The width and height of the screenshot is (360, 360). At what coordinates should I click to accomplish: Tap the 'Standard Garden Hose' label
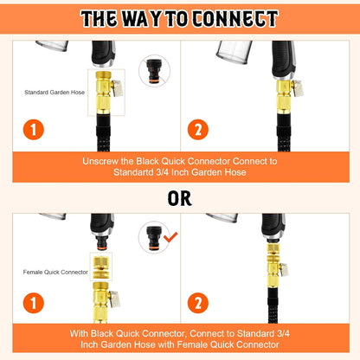click(55, 93)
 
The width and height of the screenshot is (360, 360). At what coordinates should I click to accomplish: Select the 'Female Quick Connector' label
click(55, 272)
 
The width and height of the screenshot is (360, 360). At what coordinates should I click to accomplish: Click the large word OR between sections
click(180, 198)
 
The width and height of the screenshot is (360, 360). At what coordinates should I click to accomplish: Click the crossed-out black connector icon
click(154, 71)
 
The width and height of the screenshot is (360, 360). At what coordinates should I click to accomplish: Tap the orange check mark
click(170, 237)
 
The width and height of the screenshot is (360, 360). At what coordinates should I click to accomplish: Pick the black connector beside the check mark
click(154, 237)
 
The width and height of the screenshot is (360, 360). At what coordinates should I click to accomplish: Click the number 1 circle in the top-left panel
click(34, 130)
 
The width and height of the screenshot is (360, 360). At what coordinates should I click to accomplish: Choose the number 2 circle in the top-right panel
click(198, 130)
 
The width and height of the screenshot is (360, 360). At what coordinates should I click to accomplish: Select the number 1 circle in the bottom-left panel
click(34, 303)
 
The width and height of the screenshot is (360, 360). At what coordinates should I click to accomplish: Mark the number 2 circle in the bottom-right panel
click(198, 303)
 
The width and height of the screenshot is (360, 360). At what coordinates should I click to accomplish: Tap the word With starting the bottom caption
click(79, 333)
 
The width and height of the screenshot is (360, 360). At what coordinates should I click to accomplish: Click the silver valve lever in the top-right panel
click(298, 88)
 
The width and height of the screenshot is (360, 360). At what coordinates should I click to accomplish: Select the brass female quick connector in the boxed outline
click(101, 266)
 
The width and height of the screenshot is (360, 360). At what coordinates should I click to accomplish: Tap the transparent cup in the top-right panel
click(234, 51)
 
